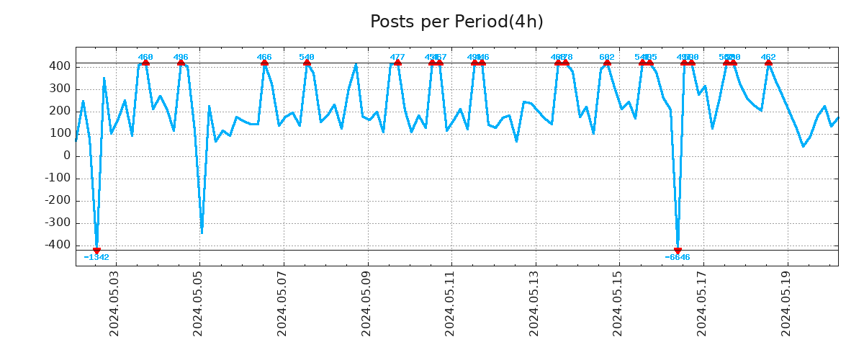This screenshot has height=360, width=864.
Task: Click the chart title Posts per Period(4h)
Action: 456,22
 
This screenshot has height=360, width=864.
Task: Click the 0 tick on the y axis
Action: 66,156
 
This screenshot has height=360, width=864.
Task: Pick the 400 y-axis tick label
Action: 59,66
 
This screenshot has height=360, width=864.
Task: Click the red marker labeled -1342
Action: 96,251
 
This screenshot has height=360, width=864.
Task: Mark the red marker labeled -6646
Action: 678,251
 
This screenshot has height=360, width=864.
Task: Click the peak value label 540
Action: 307,58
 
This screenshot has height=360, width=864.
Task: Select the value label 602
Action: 607,58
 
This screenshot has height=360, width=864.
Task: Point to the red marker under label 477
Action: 397,63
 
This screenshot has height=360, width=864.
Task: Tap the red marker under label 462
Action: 768,63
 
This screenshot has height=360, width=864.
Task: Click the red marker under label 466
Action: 264,63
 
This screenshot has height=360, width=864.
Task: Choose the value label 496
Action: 181,58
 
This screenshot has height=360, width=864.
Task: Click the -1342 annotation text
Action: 96,258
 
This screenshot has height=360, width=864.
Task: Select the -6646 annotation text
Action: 678,258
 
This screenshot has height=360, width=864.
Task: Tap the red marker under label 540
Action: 307,63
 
